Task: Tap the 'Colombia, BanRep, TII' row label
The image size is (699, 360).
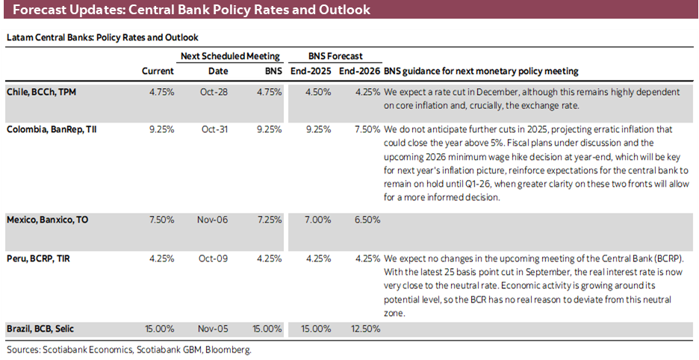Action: tap(52, 129)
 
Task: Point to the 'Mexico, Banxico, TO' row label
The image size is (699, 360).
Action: tap(49, 220)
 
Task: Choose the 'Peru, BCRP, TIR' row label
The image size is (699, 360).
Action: tap(41, 258)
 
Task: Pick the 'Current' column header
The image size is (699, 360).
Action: tap(158, 72)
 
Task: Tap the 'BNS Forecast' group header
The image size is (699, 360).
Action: tap(335, 56)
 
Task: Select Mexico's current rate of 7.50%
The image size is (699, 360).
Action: tap(161, 220)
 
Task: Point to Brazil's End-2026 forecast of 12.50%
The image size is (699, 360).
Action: tap(365, 329)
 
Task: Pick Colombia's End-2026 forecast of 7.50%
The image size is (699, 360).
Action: tap(367, 129)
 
